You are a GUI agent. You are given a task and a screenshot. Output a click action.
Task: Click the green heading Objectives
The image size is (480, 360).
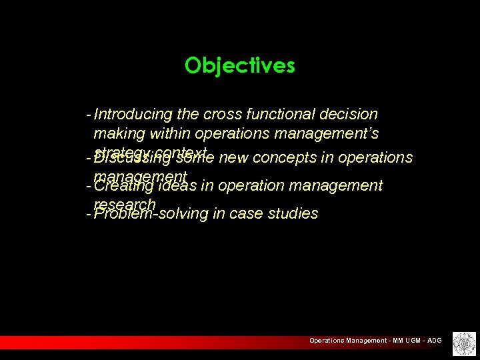240,65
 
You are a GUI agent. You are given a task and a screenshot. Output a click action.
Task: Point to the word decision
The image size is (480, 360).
349,115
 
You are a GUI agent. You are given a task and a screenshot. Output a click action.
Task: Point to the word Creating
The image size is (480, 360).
123,186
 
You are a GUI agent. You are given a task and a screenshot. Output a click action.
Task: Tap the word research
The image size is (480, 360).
125,204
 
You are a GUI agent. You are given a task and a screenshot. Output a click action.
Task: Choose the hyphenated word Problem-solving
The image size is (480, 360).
151,214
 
